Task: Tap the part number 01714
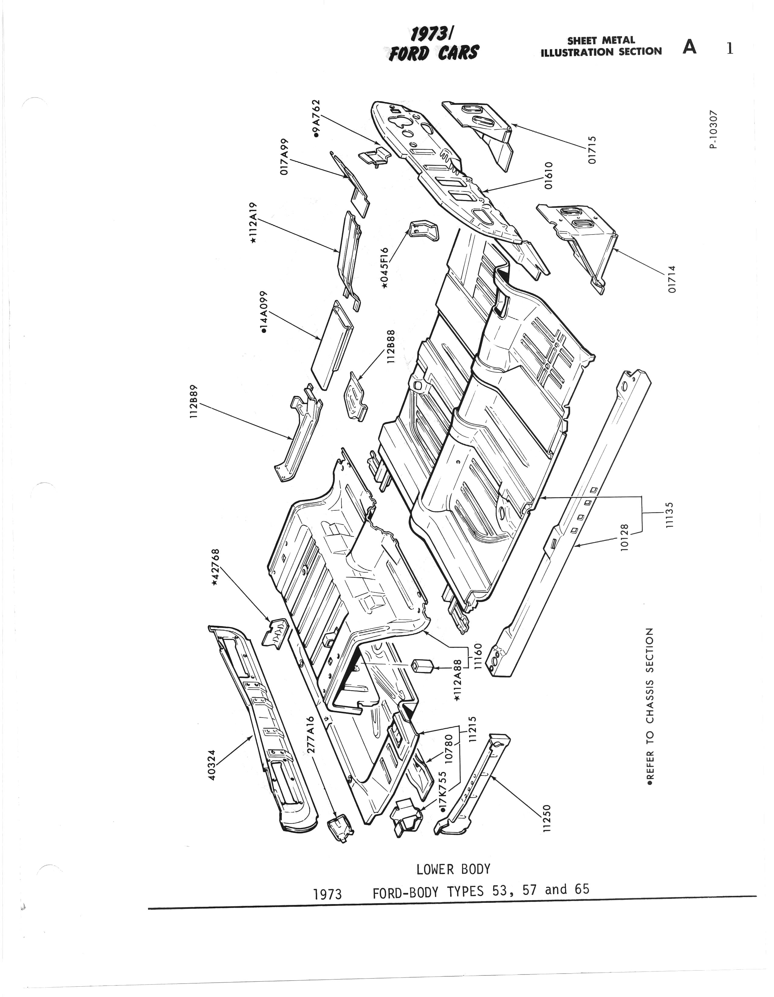point(671,279)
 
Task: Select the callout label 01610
point(549,175)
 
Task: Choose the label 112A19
point(254,222)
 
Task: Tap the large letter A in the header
point(690,47)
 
